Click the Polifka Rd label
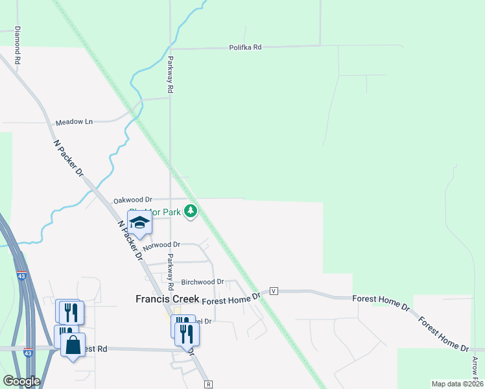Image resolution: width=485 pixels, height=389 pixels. point(245,47)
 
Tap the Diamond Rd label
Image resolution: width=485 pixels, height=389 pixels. point(18,44)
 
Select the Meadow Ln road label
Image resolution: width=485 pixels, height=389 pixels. point(74,122)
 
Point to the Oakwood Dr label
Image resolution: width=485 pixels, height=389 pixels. point(132,200)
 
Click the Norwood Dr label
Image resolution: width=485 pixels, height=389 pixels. point(161,245)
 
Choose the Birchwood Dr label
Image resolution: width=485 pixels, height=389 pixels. point(202,282)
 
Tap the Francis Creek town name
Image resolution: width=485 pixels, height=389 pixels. point(167,300)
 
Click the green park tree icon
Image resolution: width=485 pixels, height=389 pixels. point(191,211)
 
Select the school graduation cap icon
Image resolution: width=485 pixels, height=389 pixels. point(139,223)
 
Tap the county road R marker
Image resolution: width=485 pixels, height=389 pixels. point(208,384)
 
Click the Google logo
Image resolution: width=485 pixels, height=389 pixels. point(21,381)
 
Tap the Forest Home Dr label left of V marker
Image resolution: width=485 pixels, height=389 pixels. point(231,298)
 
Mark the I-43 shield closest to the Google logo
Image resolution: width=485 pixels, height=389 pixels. point(27,353)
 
